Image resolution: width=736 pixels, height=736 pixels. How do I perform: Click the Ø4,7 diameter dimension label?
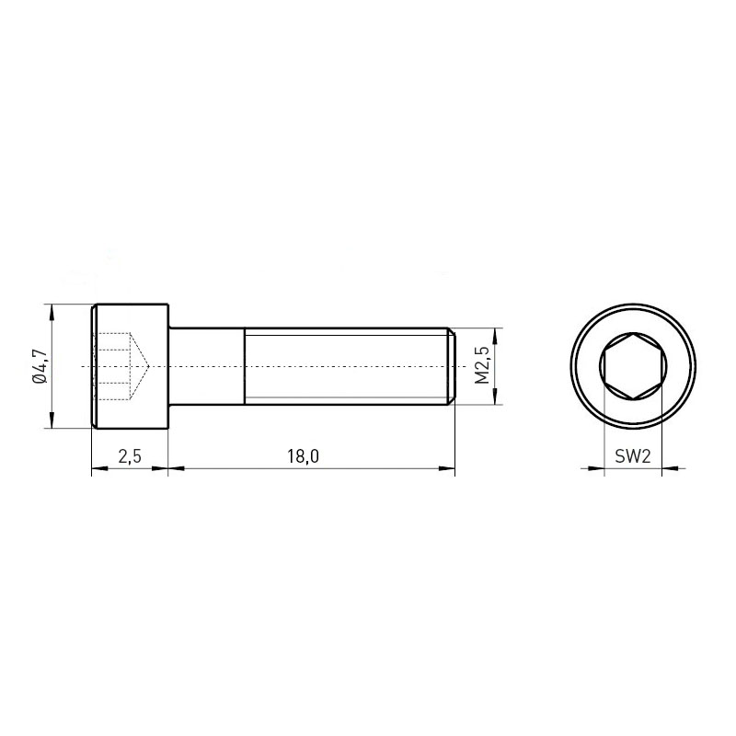coord(40,366)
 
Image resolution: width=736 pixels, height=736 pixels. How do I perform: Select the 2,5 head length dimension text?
coord(130,455)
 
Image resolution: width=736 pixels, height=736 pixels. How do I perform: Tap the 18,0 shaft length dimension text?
coord(303,455)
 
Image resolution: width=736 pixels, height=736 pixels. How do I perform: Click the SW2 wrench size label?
coord(633,455)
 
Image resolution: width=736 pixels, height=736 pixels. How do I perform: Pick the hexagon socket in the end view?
coord(633,366)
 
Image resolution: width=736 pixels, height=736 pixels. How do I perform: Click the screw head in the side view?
coord(130,366)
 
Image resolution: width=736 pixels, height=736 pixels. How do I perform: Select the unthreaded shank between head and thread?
coord(206,366)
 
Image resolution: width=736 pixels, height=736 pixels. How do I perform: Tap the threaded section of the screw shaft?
coord(345,366)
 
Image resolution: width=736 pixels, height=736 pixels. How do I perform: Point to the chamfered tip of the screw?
coord(451,366)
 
